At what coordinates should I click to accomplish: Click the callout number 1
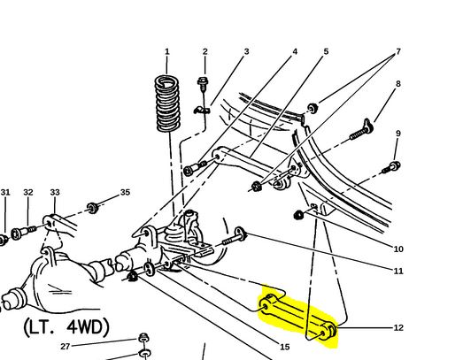tap(166, 51)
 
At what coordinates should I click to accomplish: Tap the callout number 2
tap(204, 51)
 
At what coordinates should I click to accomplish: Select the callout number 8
tap(398, 84)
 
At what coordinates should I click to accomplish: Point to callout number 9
tap(398, 134)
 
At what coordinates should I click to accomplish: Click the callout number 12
tap(398, 328)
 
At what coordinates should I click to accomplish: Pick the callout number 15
tap(285, 347)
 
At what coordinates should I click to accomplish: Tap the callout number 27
tap(66, 346)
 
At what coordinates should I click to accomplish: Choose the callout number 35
tap(125, 193)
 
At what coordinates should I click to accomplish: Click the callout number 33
tap(55, 193)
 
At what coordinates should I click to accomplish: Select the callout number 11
tap(398, 271)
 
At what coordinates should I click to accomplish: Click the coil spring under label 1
tap(167, 103)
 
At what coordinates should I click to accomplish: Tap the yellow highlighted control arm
tap(297, 317)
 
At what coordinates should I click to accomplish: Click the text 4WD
tap(89, 327)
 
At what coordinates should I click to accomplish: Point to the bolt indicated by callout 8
tap(361, 130)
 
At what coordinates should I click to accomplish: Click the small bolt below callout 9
tap(391, 167)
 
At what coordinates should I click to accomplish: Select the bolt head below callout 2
tap(202, 80)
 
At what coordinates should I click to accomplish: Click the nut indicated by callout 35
tap(93, 208)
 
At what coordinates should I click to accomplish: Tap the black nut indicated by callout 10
tap(298, 215)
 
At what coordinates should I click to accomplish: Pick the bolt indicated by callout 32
tap(23, 233)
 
